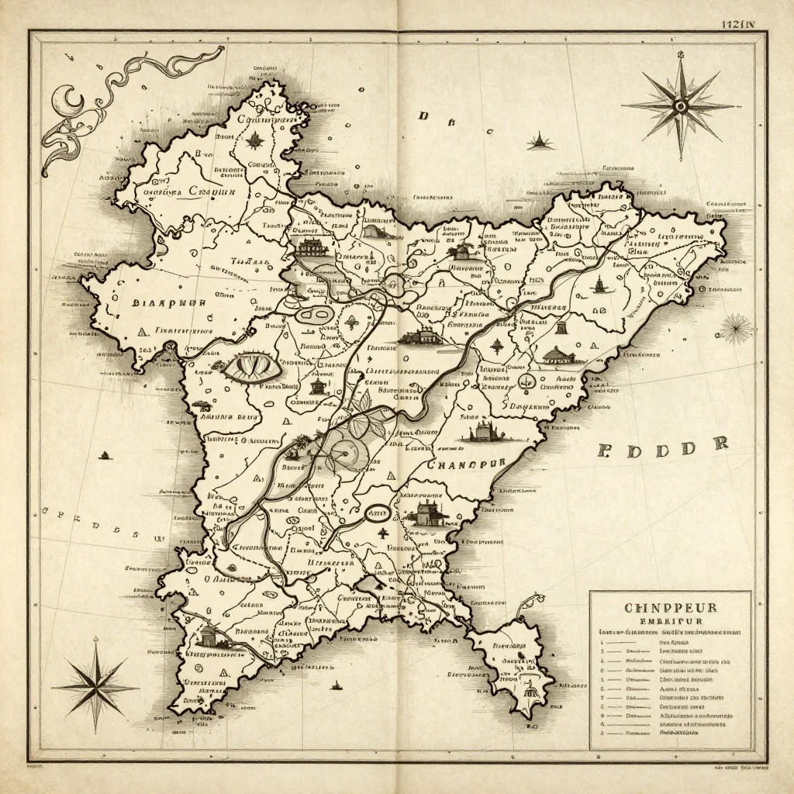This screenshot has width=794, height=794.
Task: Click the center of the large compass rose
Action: coord(681,106)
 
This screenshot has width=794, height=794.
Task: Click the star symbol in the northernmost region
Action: coord(254,140)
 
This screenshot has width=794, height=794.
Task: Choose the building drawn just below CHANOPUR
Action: coord(424,513)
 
